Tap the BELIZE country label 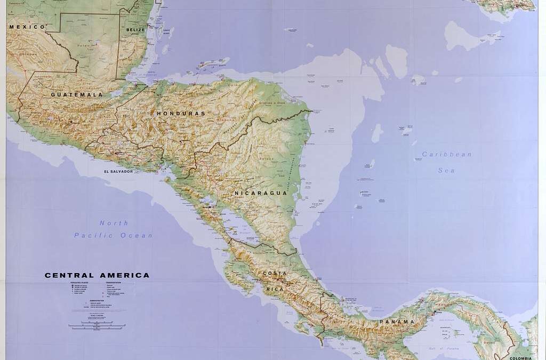coord(136,30)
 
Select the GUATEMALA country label coord(77,94)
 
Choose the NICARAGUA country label coord(261,193)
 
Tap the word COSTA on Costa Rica coord(275,274)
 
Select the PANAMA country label coord(397,322)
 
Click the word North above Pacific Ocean coord(114,223)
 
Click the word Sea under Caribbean coord(446,170)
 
